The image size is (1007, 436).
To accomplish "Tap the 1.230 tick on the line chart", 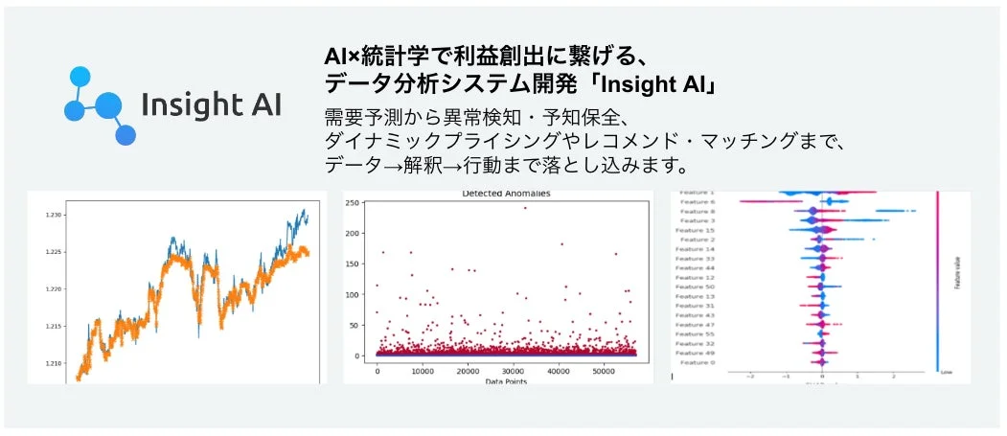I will click(x=56, y=215).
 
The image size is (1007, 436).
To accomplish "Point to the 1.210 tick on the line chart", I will click(x=56, y=364).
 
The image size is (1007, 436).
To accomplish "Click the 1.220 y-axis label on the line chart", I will click(x=56, y=289).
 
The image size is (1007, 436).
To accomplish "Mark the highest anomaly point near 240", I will click(x=525, y=208).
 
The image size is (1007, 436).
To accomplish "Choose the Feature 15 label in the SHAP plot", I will click(x=696, y=230).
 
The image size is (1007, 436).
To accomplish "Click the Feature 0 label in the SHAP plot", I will click(x=698, y=362).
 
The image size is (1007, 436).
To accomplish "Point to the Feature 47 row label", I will click(x=696, y=325).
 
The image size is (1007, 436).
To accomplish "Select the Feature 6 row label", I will click(x=698, y=202).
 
